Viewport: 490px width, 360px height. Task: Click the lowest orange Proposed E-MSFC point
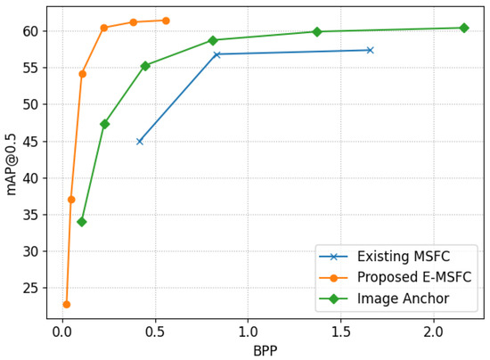click(x=66, y=305)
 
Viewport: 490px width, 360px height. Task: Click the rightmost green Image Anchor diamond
click(x=463, y=28)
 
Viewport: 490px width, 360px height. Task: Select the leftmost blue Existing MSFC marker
click(x=140, y=141)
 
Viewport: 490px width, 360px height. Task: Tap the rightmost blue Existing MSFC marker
click(x=370, y=50)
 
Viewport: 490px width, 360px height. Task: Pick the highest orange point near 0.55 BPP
click(x=166, y=20)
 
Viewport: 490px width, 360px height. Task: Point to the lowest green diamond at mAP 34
click(x=82, y=222)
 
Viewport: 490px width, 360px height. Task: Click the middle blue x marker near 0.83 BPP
click(x=216, y=54)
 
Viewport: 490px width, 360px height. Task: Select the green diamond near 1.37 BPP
click(x=317, y=32)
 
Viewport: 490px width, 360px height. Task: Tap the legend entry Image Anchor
click(x=403, y=298)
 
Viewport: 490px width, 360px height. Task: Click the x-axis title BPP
click(x=265, y=350)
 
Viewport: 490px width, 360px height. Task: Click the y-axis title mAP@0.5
click(x=12, y=164)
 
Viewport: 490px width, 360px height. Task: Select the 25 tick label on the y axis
click(x=29, y=288)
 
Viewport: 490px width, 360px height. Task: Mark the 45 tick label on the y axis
click(x=29, y=141)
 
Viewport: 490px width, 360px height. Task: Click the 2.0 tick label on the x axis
click(x=434, y=332)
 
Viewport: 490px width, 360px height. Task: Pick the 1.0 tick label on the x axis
click(x=248, y=332)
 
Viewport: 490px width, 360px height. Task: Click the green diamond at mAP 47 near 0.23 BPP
click(x=105, y=124)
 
